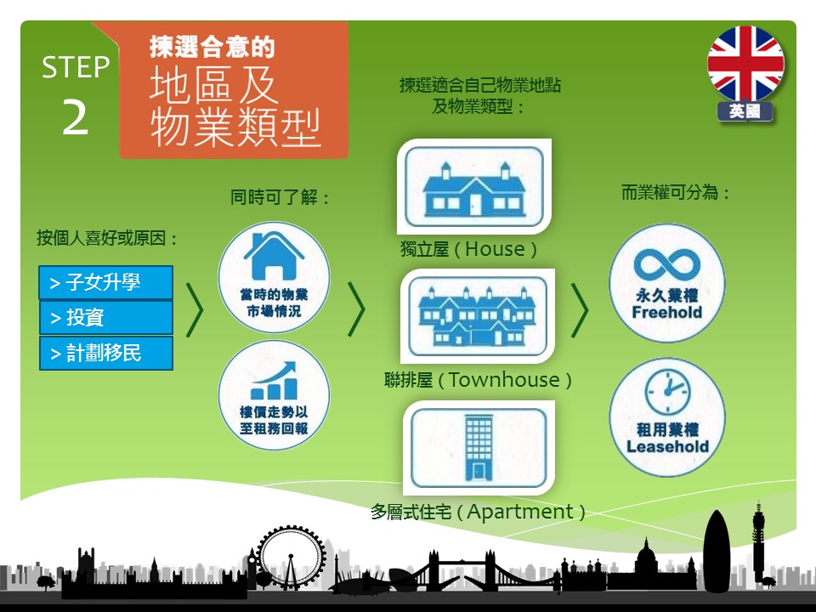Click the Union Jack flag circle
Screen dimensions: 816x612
[x=745, y=64]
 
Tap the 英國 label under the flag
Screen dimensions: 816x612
[x=745, y=111]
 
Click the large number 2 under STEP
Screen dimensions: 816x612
[x=76, y=118]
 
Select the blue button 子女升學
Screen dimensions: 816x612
[x=105, y=282]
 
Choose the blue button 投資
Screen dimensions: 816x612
[x=105, y=317]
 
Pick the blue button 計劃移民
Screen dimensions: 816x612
[x=105, y=353]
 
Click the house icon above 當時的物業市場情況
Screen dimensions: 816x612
[x=274, y=256]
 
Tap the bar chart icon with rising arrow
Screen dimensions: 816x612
[x=275, y=381]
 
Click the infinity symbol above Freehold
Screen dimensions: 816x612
[x=667, y=263]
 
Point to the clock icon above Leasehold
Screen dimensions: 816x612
[x=668, y=392]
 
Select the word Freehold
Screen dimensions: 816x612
[x=667, y=312]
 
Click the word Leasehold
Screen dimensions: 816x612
[x=668, y=446]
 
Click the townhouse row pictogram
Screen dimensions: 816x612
[x=478, y=316]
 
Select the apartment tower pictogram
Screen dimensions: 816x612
[x=479, y=448]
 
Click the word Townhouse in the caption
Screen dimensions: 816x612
[x=504, y=380]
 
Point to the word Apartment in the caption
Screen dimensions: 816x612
[x=520, y=512]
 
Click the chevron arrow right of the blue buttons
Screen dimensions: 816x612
[x=195, y=310]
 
